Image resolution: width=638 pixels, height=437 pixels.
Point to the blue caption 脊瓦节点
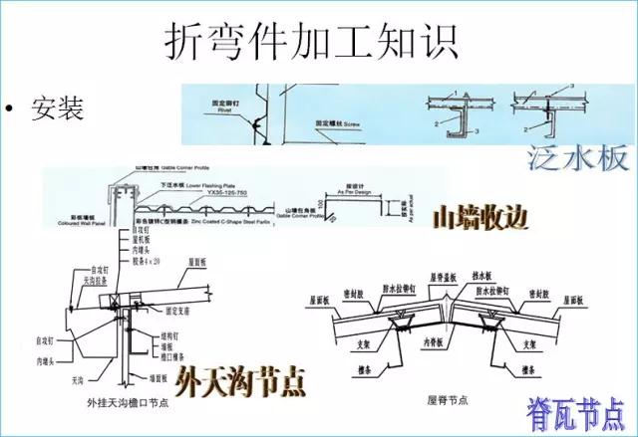(x=577, y=410)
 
